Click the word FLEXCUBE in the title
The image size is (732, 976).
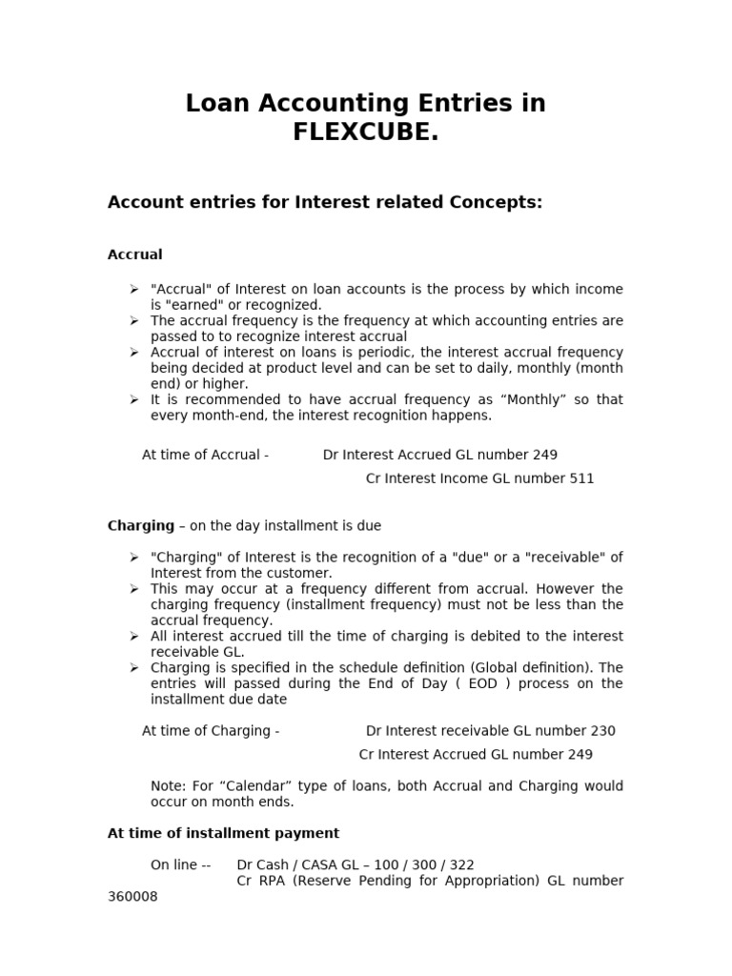click(366, 132)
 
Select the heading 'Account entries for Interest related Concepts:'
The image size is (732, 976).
click(325, 202)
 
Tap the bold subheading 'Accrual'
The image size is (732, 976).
click(134, 254)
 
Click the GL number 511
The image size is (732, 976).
click(581, 478)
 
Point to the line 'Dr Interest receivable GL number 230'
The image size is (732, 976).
click(490, 731)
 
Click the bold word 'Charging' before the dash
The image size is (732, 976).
click(140, 525)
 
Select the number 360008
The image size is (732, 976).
click(132, 897)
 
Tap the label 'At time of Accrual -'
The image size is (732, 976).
click(205, 455)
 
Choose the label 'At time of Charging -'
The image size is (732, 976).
click(211, 731)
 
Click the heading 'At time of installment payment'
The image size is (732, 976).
click(223, 833)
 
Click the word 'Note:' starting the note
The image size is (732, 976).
click(169, 786)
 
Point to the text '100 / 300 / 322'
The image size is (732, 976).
click(424, 865)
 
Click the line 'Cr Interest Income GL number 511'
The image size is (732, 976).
click(479, 478)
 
